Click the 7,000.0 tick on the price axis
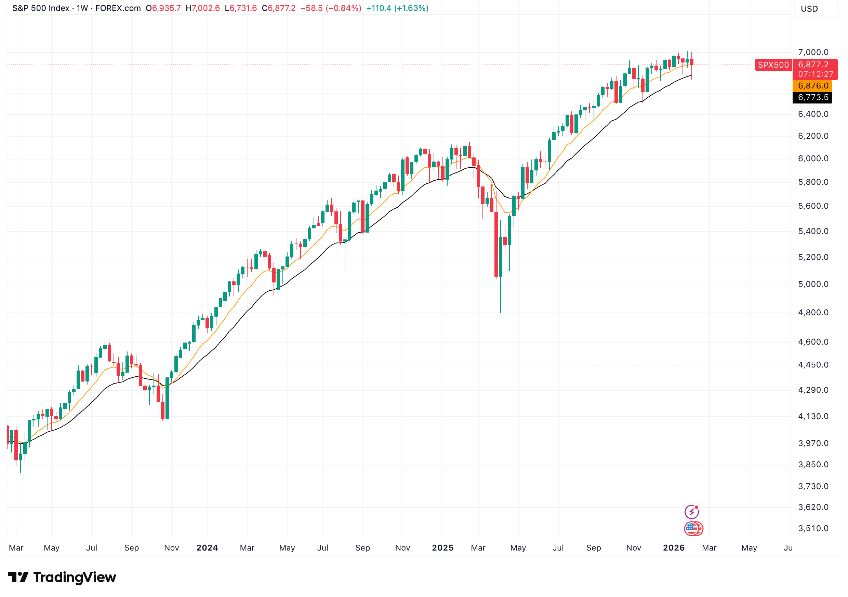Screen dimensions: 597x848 [813, 52]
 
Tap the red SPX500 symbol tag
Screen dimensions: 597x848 [773, 65]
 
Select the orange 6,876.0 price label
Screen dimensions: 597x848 [812, 86]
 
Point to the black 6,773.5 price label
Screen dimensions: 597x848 [812, 97]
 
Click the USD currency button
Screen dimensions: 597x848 [809, 9]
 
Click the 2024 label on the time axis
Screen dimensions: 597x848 [207, 548]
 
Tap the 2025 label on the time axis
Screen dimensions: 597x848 [442, 548]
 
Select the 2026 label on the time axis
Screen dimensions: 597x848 [674, 548]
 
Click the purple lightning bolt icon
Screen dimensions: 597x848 [691, 512]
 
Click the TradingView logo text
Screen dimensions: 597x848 [74, 578]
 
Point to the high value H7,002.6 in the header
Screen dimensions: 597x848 [203, 8]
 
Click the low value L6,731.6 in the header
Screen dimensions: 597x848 [241, 8]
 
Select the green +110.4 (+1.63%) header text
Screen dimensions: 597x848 [397, 8]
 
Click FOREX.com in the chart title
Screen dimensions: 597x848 [118, 8]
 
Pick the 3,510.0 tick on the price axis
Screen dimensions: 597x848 [813, 528]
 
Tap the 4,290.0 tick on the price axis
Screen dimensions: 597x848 [813, 390]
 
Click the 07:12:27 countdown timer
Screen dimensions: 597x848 [816, 74]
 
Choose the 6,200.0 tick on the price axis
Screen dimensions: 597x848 [813, 136]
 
